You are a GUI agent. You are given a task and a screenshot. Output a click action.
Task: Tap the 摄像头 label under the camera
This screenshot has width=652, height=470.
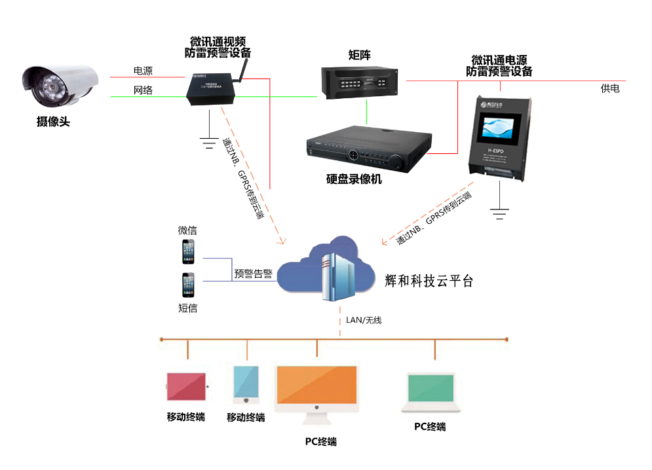(53, 121)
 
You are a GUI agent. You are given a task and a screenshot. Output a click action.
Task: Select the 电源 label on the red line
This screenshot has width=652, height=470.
(143, 71)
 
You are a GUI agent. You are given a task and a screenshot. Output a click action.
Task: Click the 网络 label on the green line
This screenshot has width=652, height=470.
(143, 90)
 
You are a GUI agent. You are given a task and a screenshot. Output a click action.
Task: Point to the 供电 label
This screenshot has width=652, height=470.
(610, 88)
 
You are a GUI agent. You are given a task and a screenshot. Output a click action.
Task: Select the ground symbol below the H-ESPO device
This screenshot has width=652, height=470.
(500, 211)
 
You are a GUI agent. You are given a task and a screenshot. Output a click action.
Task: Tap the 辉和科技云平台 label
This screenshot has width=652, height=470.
(429, 281)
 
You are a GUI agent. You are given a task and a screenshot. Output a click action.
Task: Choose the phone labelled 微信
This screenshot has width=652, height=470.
(189, 252)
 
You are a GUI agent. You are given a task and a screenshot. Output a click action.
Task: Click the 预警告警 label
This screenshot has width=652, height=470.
(254, 274)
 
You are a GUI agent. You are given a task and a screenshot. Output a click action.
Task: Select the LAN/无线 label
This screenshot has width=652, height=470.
(364, 320)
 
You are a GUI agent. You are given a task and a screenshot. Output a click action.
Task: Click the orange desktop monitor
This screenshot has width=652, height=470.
(317, 386)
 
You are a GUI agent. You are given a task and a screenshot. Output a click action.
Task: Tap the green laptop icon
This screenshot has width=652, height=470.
(430, 392)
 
